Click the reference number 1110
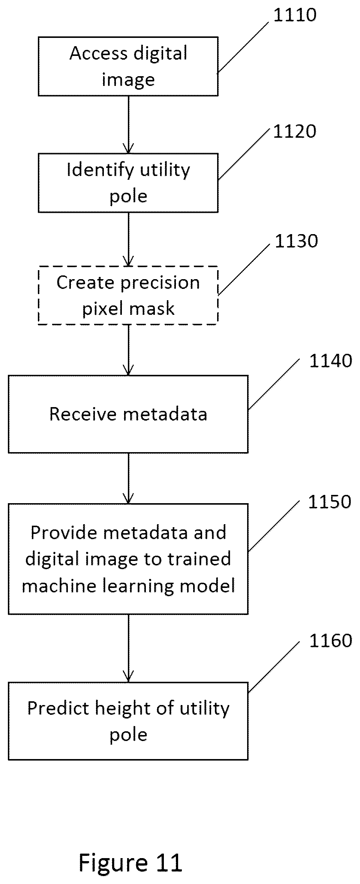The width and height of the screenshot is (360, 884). (x=295, y=15)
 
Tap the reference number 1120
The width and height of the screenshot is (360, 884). (x=295, y=132)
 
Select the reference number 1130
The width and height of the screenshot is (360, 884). (x=297, y=241)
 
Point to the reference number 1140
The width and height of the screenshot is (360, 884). (x=331, y=361)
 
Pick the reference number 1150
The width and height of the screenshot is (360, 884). (x=330, y=502)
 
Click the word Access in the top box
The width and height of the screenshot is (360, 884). (x=99, y=53)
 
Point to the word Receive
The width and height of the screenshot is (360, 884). (x=83, y=414)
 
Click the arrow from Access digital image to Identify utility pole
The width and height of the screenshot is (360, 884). (x=128, y=125)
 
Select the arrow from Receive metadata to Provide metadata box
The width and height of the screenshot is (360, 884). (x=128, y=478)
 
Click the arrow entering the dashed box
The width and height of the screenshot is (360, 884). (x=128, y=239)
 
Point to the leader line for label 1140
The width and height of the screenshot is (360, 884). (x=274, y=384)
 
